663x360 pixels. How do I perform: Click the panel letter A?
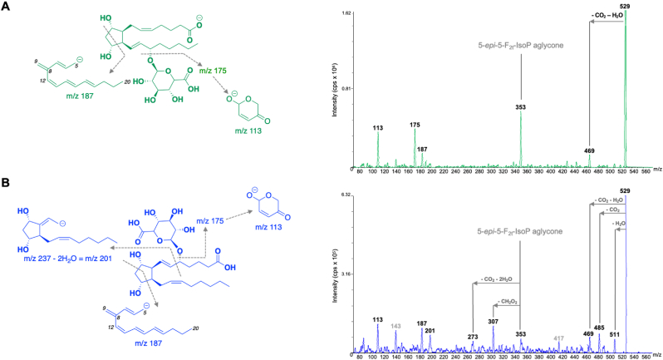7,7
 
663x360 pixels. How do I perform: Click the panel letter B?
7,183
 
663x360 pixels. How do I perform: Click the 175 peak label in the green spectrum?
415,126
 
